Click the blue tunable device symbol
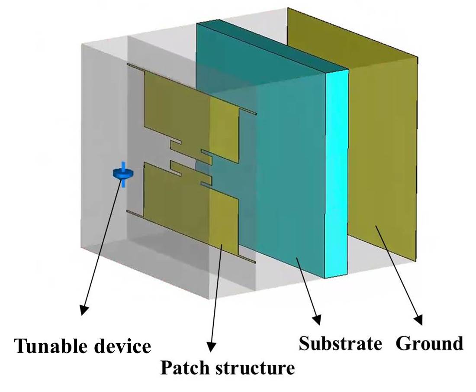pyautogui.click(x=123, y=174)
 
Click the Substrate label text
pyautogui.click(x=341, y=343)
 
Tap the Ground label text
pyautogui.click(x=430, y=343)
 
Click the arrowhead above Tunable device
pyautogui.click(x=84, y=309)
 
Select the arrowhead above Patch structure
pyautogui.click(x=211, y=347)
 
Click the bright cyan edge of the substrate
pyautogui.click(x=337, y=173)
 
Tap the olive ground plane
pyautogui.click(x=381, y=152)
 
